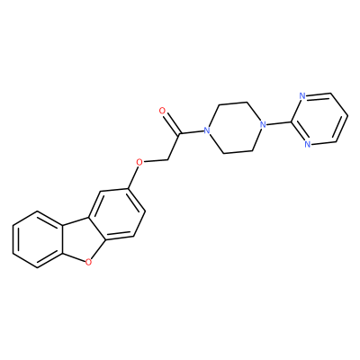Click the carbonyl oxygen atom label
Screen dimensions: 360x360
click(x=163, y=111)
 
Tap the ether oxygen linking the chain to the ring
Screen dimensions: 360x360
click(x=139, y=162)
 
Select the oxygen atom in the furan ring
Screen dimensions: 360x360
click(x=88, y=263)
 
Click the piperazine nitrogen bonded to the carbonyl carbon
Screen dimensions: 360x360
click(x=206, y=130)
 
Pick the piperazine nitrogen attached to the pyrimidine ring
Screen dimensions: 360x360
click(x=263, y=124)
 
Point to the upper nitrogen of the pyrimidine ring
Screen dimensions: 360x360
click(x=302, y=96)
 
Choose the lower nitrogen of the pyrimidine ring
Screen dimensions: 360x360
click(x=307, y=144)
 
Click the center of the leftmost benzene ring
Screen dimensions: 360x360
click(x=38, y=238)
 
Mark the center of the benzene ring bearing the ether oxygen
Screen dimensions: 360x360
click(x=118, y=214)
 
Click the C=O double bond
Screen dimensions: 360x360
click(x=171, y=123)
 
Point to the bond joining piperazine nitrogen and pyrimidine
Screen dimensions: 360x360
click(x=279, y=121)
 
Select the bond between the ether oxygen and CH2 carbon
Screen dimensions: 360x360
click(x=156, y=160)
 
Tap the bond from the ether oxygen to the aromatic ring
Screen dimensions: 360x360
click(x=134, y=177)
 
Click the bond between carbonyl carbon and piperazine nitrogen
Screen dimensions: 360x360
click(x=192, y=132)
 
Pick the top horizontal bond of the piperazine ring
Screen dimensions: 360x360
click(x=234, y=103)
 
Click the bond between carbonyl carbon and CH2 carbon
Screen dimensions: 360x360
click(x=174, y=147)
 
